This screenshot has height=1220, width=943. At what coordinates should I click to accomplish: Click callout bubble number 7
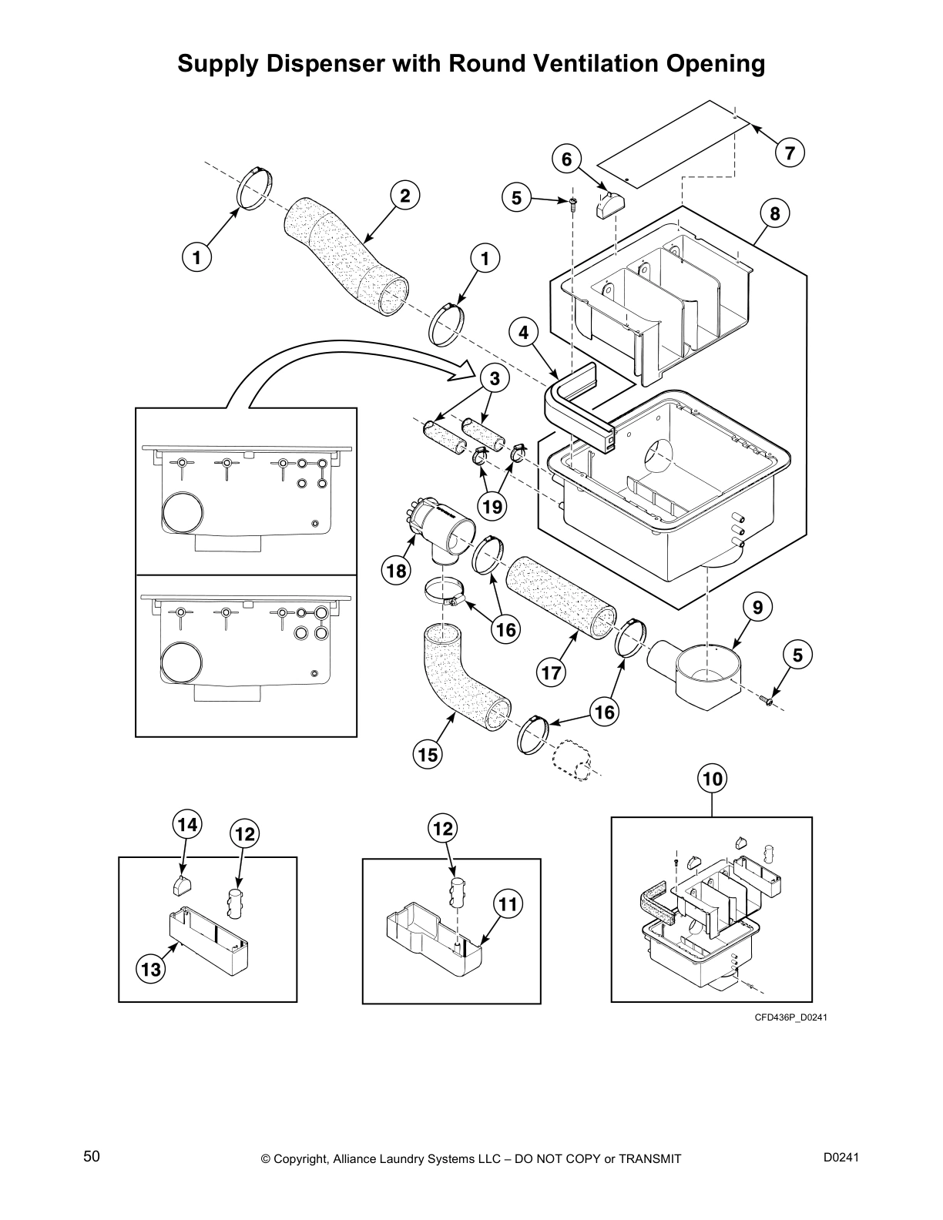790,152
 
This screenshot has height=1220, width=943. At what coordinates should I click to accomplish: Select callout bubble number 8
775,213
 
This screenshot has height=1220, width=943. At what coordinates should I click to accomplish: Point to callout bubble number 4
524,333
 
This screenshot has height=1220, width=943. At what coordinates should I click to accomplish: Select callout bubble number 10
713,779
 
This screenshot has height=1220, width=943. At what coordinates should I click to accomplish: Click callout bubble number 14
186,825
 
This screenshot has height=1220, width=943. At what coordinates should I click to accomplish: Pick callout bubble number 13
151,969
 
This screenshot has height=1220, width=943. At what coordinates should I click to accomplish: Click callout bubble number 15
428,754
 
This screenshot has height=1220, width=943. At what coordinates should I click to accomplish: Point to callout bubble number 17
552,672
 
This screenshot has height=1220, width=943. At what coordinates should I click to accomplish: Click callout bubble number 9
758,608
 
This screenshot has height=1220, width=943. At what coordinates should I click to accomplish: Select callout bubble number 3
495,378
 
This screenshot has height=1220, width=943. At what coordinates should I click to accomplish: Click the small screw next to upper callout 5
573,204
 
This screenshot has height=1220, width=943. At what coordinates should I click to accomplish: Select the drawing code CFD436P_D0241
790,1017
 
